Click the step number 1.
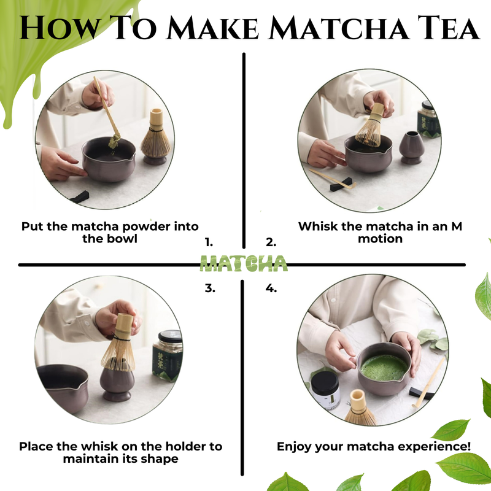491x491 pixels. click(209, 242)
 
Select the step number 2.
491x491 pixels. click(271, 242)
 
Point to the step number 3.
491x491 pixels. click(209, 287)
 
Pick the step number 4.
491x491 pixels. click(271, 287)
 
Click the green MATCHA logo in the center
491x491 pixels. click(244, 263)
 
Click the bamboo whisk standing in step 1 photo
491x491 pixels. click(155, 137)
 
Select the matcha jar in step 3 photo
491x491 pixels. click(167, 355)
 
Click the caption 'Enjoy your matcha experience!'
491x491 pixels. click(374, 446)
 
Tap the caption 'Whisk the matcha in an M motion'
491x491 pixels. click(380, 233)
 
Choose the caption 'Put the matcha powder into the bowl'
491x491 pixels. click(110, 233)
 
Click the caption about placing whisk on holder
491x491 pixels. click(120, 452)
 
